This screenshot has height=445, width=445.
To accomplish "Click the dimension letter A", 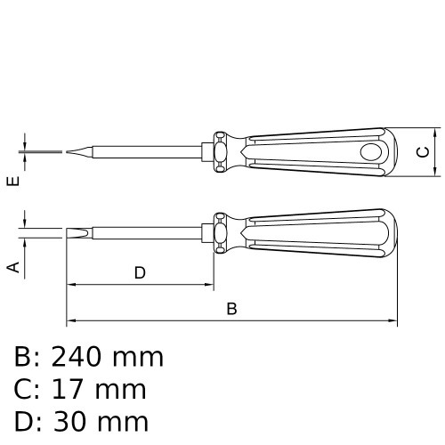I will (x=12, y=266).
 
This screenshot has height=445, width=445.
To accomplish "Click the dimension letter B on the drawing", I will (x=231, y=309).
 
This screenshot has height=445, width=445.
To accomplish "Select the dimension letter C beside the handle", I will (x=424, y=152).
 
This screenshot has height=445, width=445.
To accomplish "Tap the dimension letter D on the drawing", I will (x=140, y=273).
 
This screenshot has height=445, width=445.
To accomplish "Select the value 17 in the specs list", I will (x=70, y=389).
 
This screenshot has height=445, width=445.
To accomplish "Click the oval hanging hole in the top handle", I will (x=367, y=153).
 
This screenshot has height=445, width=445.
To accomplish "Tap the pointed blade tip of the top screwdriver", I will (x=68, y=152).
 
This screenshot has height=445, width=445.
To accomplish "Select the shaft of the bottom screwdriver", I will (x=151, y=234).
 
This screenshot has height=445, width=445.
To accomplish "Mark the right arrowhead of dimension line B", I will (x=392, y=320).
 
